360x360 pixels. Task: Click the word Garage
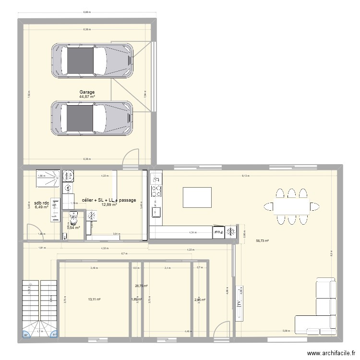coord(87,92)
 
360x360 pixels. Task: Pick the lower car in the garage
coord(92,118)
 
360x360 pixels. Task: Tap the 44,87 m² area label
coord(87,97)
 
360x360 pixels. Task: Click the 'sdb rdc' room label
coord(42,202)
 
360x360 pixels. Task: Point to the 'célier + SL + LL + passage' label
coord(109,200)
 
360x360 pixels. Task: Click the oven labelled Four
coord(218,232)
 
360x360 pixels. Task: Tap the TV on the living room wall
coord(238,303)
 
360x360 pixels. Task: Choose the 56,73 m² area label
coord(262,241)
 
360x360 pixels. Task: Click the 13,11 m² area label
coord(94,300)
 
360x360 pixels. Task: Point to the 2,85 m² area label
coord(200,300)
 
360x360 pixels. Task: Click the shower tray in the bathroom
coord(48,176)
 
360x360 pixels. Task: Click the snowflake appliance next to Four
coord(231,231)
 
